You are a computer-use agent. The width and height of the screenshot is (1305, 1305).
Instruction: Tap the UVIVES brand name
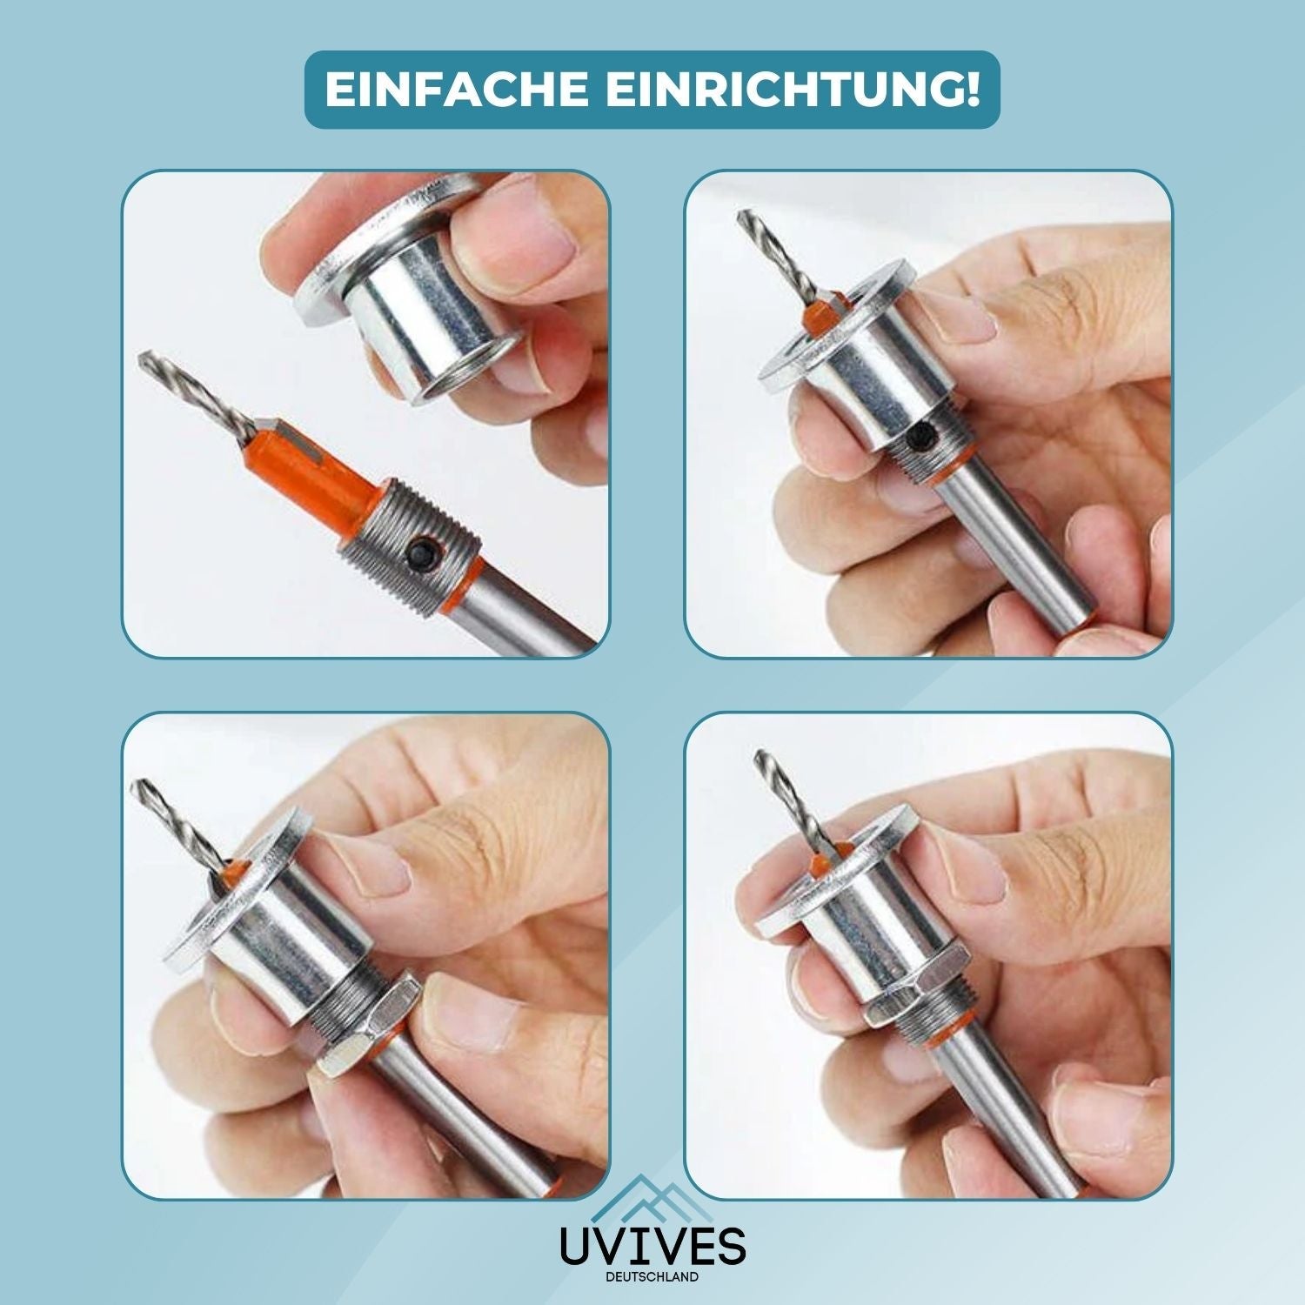pyautogui.click(x=652, y=1245)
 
